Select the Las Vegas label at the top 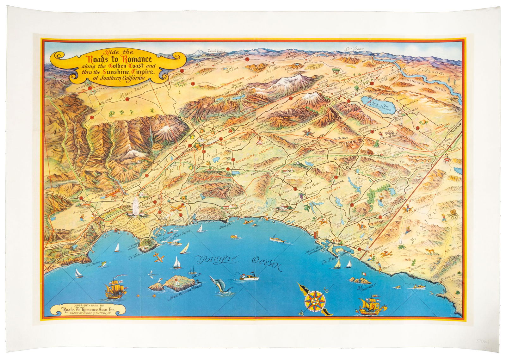point(354,49)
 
